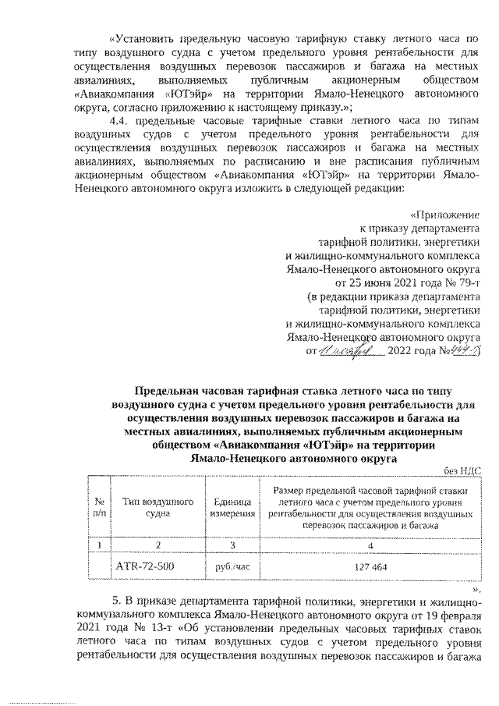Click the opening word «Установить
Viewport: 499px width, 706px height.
(x=141, y=37)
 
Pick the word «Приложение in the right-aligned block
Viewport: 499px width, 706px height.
(x=446, y=215)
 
